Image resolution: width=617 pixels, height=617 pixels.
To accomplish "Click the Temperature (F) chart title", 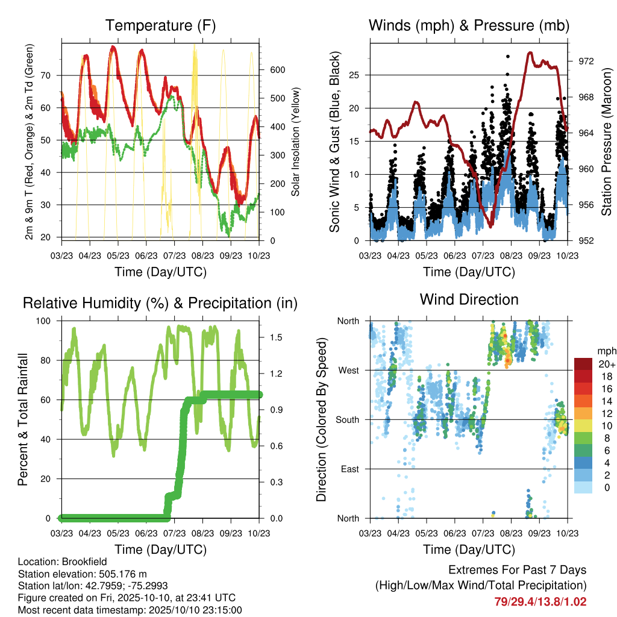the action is click(x=160, y=25).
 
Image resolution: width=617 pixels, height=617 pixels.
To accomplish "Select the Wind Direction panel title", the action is click(x=469, y=299).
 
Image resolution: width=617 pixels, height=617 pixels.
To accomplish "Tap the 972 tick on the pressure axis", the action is click(x=586, y=61).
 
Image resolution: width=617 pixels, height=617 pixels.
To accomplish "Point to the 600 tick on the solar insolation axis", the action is click(x=277, y=70).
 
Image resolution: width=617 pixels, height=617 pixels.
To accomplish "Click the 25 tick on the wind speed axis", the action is click(x=354, y=75).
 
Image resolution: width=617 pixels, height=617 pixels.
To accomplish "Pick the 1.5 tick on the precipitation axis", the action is click(x=276, y=337).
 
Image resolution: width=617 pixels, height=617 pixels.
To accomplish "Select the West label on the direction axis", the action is click(x=349, y=371).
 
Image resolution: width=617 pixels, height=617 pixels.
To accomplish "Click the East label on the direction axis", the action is click(x=350, y=469).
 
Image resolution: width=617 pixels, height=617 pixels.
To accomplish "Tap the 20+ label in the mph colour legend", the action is click(x=607, y=364).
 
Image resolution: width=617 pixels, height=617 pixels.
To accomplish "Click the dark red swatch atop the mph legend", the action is click(x=583, y=364).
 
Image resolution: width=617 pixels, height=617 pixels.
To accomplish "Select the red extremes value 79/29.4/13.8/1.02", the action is click(x=540, y=602).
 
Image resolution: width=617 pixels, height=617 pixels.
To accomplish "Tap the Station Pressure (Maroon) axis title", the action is click(x=606, y=142).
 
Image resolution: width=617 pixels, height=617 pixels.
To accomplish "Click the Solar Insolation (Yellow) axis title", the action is click(x=295, y=142).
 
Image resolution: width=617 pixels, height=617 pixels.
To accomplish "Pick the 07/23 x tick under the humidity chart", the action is click(x=174, y=533).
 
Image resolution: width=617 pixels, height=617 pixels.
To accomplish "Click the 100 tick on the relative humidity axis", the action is click(x=43, y=321).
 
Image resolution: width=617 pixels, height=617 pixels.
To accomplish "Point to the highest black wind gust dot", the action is click(x=508, y=57).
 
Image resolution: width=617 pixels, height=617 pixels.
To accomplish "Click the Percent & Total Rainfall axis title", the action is click(x=23, y=419).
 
